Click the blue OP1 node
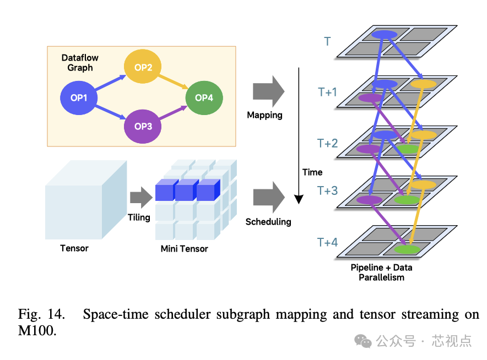[79, 98]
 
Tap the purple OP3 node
[143, 126]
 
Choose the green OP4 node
[204, 97]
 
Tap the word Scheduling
[268, 222]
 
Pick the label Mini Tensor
[184, 249]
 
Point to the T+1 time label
[327, 92]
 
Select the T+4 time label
[327, 242]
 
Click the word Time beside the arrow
[312, 172]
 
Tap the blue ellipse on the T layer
[384, 35]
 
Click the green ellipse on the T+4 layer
[407, 249]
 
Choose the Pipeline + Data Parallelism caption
[381, 272]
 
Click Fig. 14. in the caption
[41, 315]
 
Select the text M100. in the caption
[37, 331]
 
